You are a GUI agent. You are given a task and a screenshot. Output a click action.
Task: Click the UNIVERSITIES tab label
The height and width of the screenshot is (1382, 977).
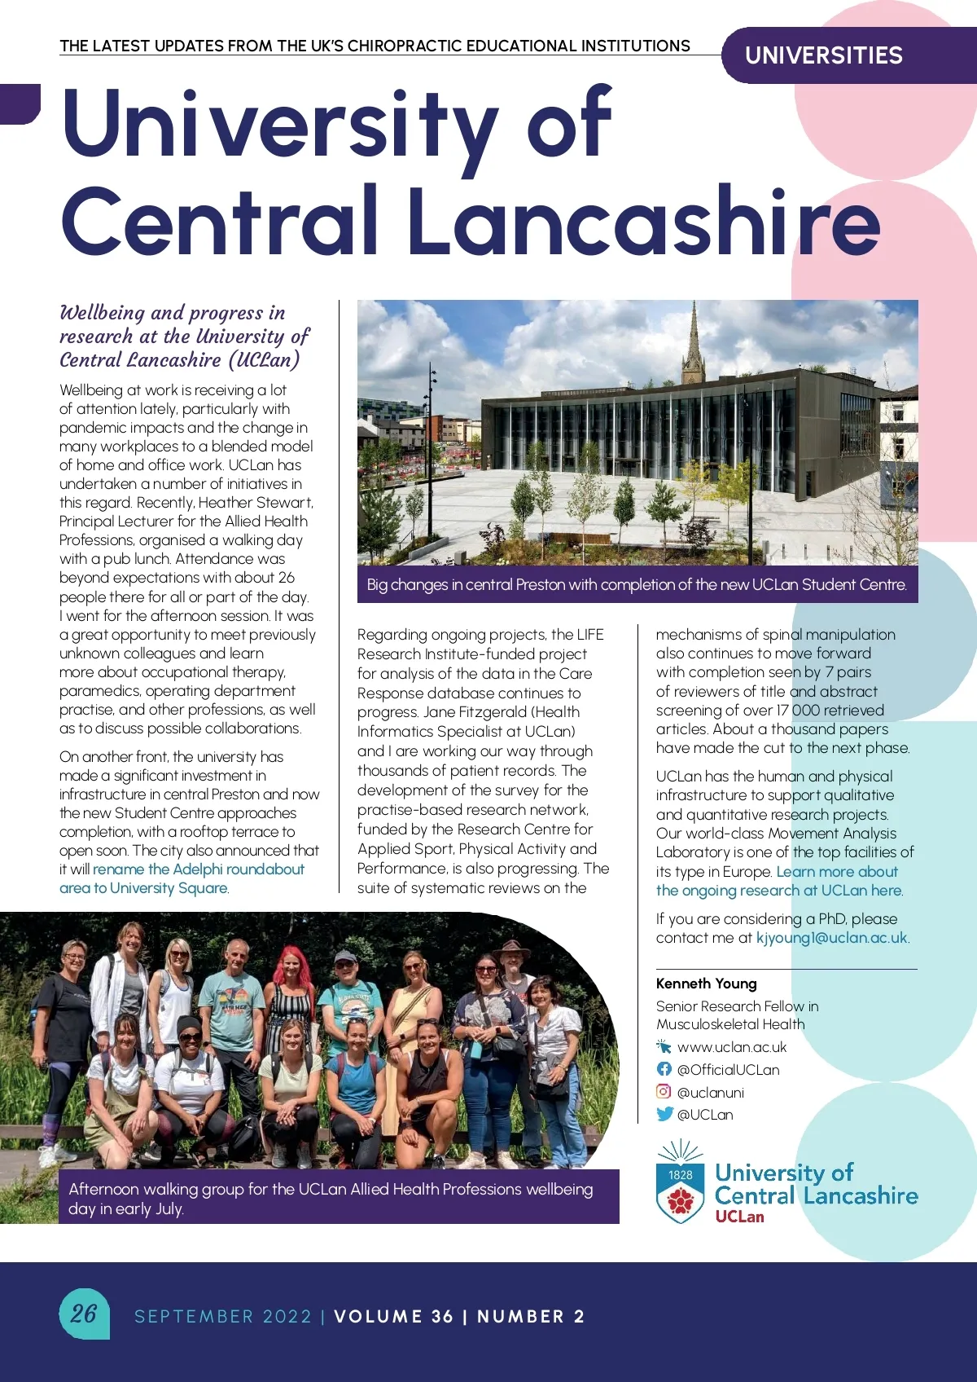[823, 55]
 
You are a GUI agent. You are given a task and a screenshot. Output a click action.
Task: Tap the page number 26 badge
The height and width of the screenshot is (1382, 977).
[83, 1313]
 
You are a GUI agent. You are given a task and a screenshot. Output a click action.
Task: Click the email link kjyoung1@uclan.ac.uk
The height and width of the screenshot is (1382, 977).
[831, 937]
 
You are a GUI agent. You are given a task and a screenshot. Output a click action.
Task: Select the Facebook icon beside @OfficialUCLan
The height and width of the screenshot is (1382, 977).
[664, 1069]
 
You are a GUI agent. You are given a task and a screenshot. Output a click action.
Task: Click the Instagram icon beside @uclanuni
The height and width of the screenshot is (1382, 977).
[664, 1091]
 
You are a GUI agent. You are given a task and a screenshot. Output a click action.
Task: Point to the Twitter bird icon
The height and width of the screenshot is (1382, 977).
[664, 1114]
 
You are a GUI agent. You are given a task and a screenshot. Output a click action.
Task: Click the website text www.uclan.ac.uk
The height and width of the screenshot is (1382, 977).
[731, 1047]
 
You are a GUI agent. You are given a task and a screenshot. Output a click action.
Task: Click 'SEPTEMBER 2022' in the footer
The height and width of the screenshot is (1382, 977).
[223, 1316]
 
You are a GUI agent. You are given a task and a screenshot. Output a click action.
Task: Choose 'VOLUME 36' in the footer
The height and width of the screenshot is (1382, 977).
[393, 1316]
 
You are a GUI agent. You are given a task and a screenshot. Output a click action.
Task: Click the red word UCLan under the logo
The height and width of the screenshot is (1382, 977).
[739, 1217]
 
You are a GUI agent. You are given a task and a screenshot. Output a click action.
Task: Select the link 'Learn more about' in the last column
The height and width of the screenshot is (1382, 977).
[837, 871]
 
